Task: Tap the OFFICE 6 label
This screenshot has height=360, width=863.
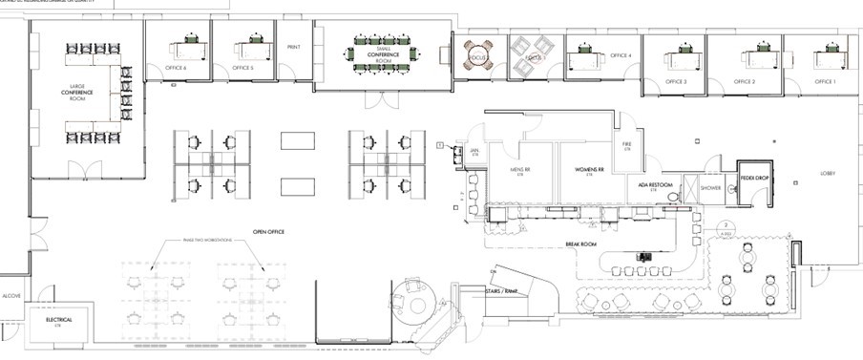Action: pyautogui.click(x=175, y=69)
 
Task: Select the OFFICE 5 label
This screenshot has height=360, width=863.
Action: pyautogui.click(x=242, y=69)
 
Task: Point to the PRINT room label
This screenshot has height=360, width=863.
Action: pyautogui.click(x=293, y=46)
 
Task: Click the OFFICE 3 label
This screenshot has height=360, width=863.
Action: pyautogui.click(x=676, y=82)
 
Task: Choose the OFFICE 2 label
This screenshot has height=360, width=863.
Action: pyautogui.click(x=745, y=82)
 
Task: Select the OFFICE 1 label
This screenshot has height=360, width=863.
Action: pyautogui.click(x=825, y=82)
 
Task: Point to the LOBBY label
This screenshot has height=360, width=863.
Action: pyautogui.click(x=827, y=174)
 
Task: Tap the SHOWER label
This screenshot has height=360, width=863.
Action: pyautogui.click(x=710, y=188)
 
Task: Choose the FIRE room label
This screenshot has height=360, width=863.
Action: pyautogui.click(x=627, y=146)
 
